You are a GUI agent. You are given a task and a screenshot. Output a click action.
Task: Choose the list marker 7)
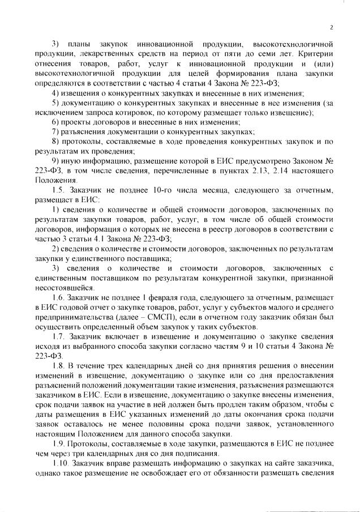(55, 132)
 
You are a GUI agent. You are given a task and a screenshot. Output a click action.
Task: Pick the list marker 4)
(55, 92)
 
